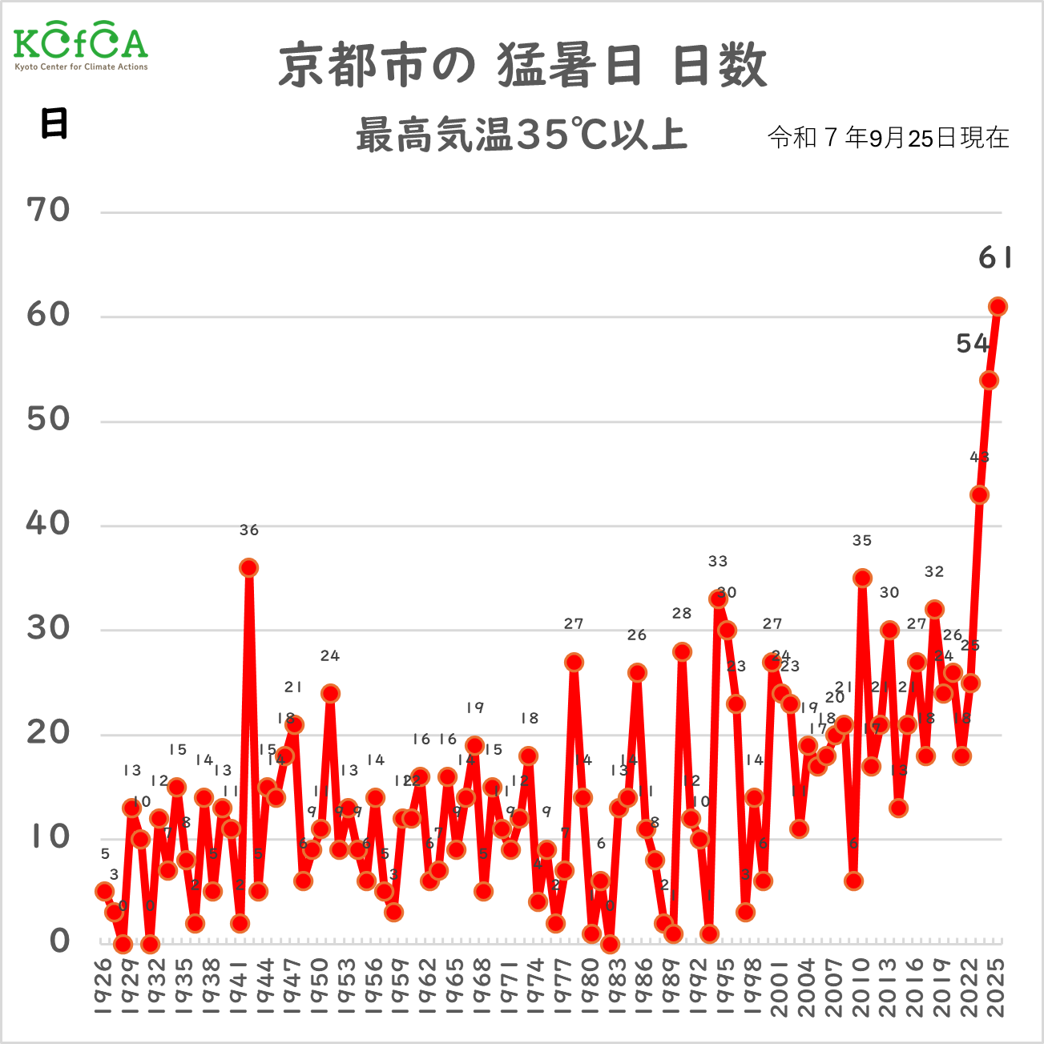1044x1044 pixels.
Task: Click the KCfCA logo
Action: click(81, 47)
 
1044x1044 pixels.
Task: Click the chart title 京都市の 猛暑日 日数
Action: click(522, 65)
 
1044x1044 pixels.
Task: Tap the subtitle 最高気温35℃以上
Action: click(522, 135)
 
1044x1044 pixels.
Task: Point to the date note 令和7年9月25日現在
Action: click(888, 138)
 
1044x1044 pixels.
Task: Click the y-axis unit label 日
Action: click(54, 123)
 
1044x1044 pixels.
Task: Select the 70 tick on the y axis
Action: click(48, 211)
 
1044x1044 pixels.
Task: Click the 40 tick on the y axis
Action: click(48, 524)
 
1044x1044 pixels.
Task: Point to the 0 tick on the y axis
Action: click(59, 941)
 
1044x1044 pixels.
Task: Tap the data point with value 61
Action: click(998, 307)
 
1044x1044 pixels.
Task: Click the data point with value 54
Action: click(989, 380)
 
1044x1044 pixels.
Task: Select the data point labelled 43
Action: click(979, 495)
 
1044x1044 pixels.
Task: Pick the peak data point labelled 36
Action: click(248, 568)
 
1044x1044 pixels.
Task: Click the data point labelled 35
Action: click(862, 578)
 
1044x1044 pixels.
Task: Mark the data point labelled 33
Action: click(718, 599)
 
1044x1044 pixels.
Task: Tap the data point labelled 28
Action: click(682, 651)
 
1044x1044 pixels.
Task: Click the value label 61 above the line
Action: click(995, 258)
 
